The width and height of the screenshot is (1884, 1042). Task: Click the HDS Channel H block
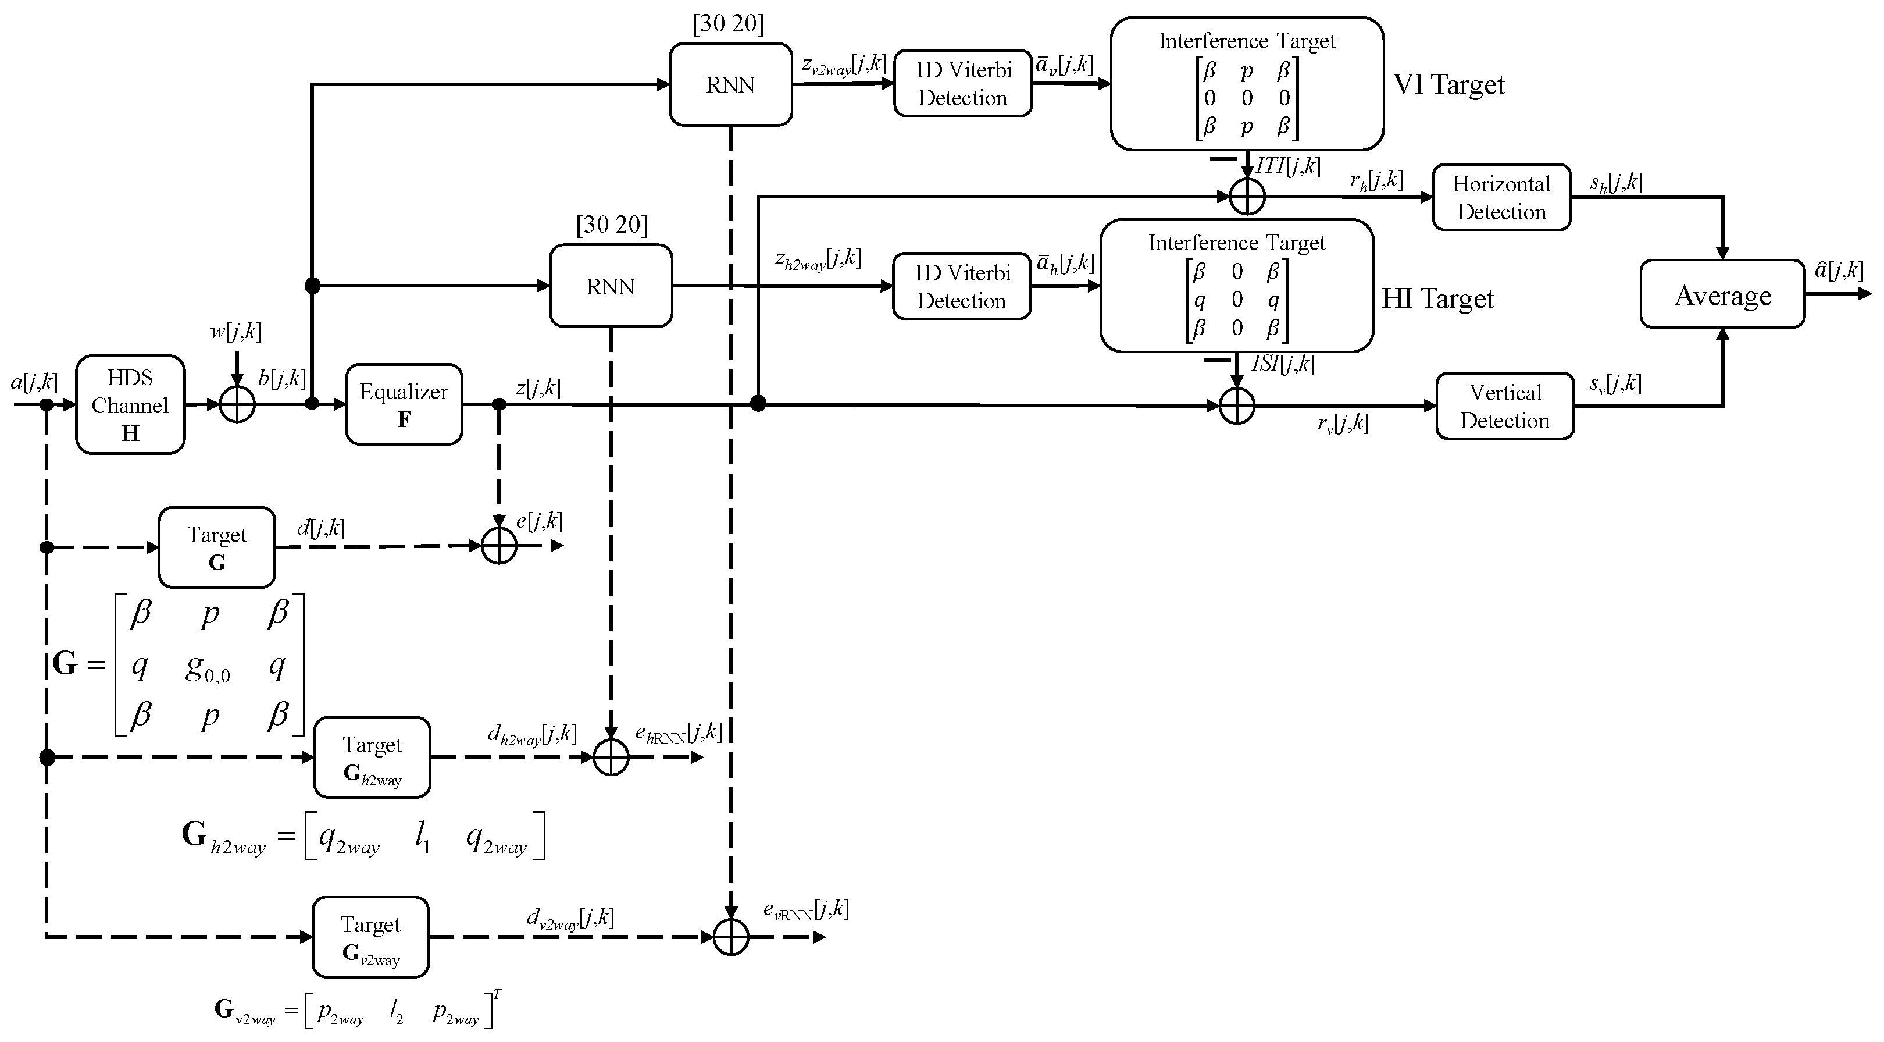pyautogui.click(x=130, y=405)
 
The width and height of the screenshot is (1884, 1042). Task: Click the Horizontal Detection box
pyautogui.click(x=1501, y=198)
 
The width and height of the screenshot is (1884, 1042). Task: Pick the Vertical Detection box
pyautogui.click(x=1504, y=406)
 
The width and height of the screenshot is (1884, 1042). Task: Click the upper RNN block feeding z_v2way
pyautogui.click(x=730, y=85)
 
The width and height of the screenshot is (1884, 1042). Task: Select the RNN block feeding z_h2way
pyautogui.click(x=611, y=286)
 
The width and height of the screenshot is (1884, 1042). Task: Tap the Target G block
pyautogui.click(x=216, y=547)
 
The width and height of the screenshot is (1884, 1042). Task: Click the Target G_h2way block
pyautogui.click(x=372, y=758)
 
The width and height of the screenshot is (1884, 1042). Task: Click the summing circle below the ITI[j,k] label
pyautogui.click(x=1247, y=196)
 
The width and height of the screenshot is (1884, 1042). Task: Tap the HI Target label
pyautogui.click(x=1437, y=298)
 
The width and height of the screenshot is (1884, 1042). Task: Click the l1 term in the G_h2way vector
pyautogui.click(x=423, y=837)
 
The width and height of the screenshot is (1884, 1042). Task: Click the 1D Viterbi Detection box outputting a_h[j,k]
pyautogui.click(x=962, y=286)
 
